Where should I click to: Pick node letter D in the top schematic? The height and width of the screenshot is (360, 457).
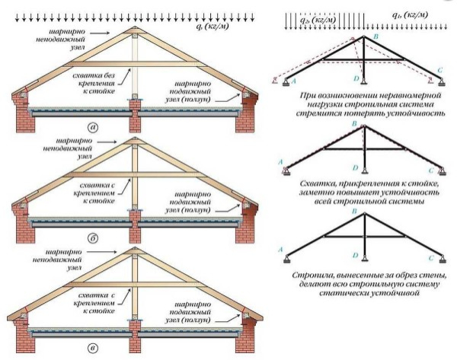tap(356, 79)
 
